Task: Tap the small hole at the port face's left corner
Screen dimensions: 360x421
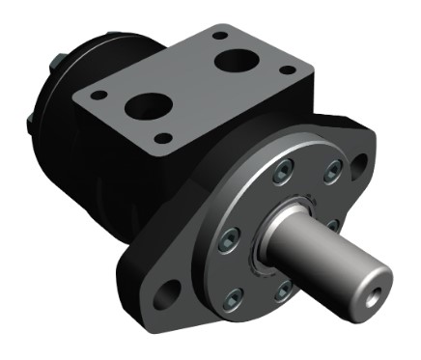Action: click(x=97, y=94)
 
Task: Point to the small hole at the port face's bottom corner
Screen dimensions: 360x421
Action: click(x=164, y=138)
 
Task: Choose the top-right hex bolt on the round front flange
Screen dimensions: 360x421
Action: click(x=332, y=172)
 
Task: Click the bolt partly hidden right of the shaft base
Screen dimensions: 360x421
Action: click(x=330, y=224)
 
